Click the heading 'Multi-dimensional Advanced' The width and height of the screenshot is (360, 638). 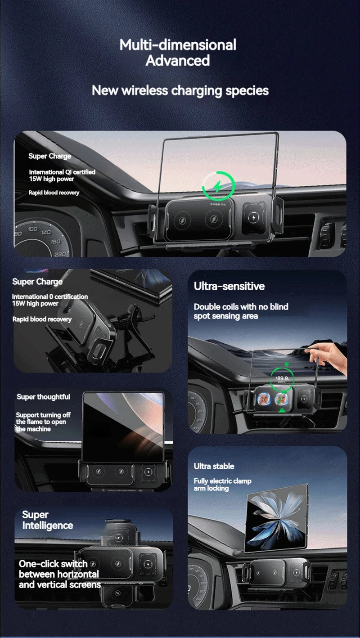[178, 52]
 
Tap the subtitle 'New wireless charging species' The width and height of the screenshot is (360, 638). [180, 90]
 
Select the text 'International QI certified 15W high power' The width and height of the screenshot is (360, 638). [62, 175]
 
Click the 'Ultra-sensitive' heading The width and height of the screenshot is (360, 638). [229, 286]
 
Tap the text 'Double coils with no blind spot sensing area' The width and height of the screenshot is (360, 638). [241, 311]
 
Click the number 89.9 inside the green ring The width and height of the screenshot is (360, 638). [282, 378]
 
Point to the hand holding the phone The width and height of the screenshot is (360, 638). [331, 355]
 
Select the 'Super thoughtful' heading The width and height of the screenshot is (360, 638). [43, 396]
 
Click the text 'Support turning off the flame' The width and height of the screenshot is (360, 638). [43, 422]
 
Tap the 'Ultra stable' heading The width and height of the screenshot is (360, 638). [214, 466]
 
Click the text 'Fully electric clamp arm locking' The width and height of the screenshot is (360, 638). [222, 485]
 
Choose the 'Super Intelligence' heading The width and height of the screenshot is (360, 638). [47, 520]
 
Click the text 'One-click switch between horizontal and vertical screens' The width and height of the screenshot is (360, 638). [59, 574]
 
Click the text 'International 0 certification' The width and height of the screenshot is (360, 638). [49, 297]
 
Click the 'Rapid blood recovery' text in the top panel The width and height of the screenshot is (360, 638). [54, 193]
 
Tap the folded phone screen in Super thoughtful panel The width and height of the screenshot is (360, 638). [123, 425]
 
